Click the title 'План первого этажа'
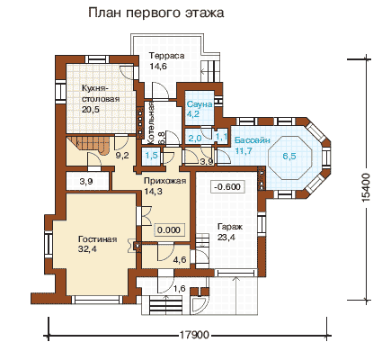click(156, 13)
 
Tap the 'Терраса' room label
click(167, 56)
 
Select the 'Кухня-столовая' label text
click(101, 94)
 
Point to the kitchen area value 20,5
click(91, 109)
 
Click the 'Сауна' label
click(200, 104)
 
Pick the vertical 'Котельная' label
click(150, 121)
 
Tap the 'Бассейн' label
click(253, 140)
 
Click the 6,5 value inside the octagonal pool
click(289, 156)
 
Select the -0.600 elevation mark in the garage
click(227, 186)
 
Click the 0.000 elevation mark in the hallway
click(169, 229)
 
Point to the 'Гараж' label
click(230, 227)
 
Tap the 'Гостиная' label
click(97, 239)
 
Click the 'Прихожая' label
click(165, 181)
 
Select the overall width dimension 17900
click(194, 334)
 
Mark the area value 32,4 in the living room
click(87, 249)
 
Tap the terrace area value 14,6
click(158, 66)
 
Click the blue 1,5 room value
click(152, 156)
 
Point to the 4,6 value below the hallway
click(180, 259)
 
